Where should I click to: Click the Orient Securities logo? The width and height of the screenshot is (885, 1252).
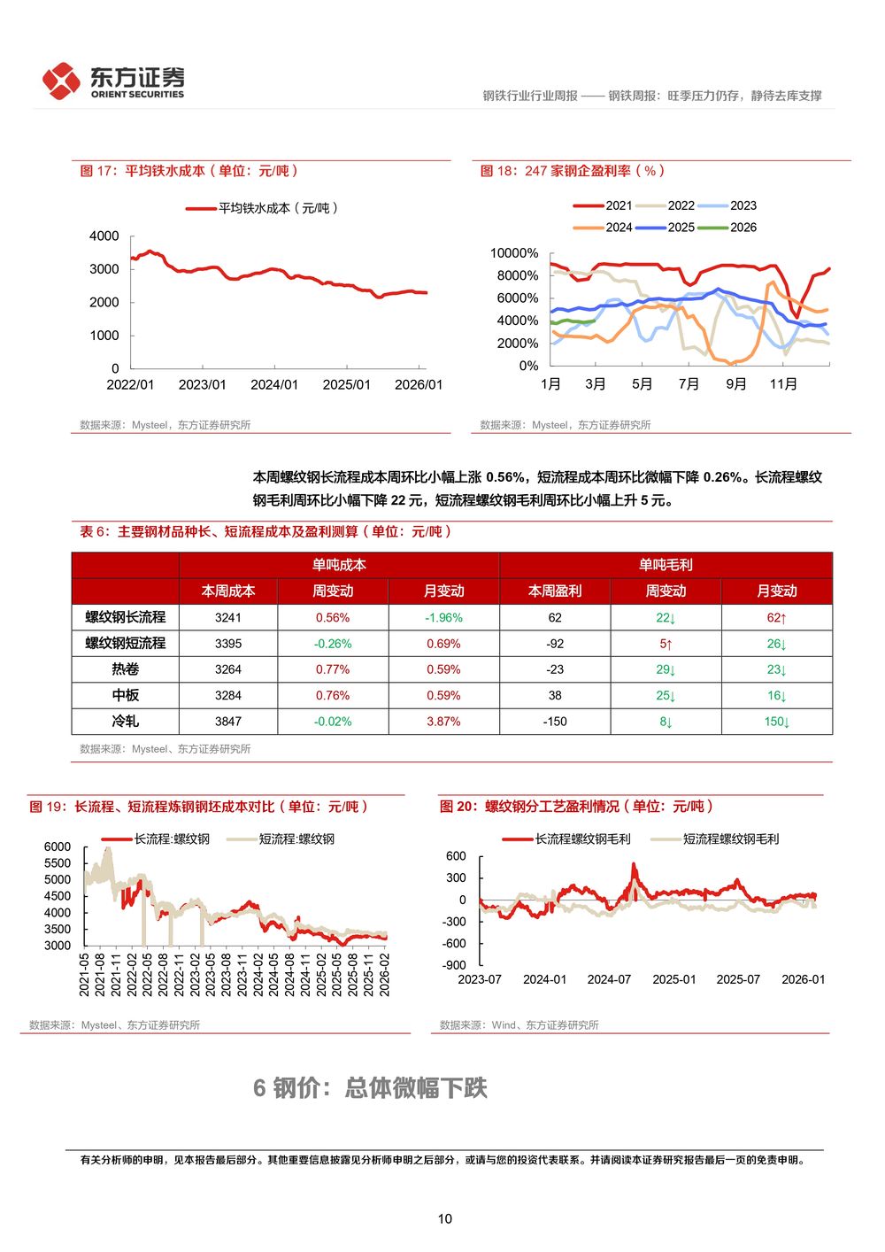(x=113, y=81)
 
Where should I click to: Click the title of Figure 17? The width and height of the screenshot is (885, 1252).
(x=189, y=171)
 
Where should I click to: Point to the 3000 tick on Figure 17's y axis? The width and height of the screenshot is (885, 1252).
(x=104, y=269)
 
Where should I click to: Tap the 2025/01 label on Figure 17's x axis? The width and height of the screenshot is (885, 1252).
(x=346, y=384)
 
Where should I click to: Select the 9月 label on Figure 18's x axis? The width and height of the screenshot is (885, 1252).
(x=736, y=384)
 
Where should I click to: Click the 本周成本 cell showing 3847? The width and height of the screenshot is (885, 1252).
(x=228, y=722)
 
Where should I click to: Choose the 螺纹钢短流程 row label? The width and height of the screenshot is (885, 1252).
(x=126, y=644)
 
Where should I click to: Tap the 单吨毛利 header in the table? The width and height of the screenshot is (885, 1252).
(x=666, y=565)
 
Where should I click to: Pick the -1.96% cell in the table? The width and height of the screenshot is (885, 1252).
(x=443, y=618)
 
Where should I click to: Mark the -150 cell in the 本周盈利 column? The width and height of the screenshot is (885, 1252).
(x=555, y=722)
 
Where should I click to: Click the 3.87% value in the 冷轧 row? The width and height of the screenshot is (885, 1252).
(x=443, y=722)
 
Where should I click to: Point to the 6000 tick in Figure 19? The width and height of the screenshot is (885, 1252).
(x=58, y=846)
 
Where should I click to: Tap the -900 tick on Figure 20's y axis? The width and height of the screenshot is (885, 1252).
(x=455, y=965)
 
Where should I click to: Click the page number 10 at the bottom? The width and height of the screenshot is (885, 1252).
(x=444, y=1218)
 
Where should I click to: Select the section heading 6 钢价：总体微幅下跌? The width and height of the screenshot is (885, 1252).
(x=370, y=1088)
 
